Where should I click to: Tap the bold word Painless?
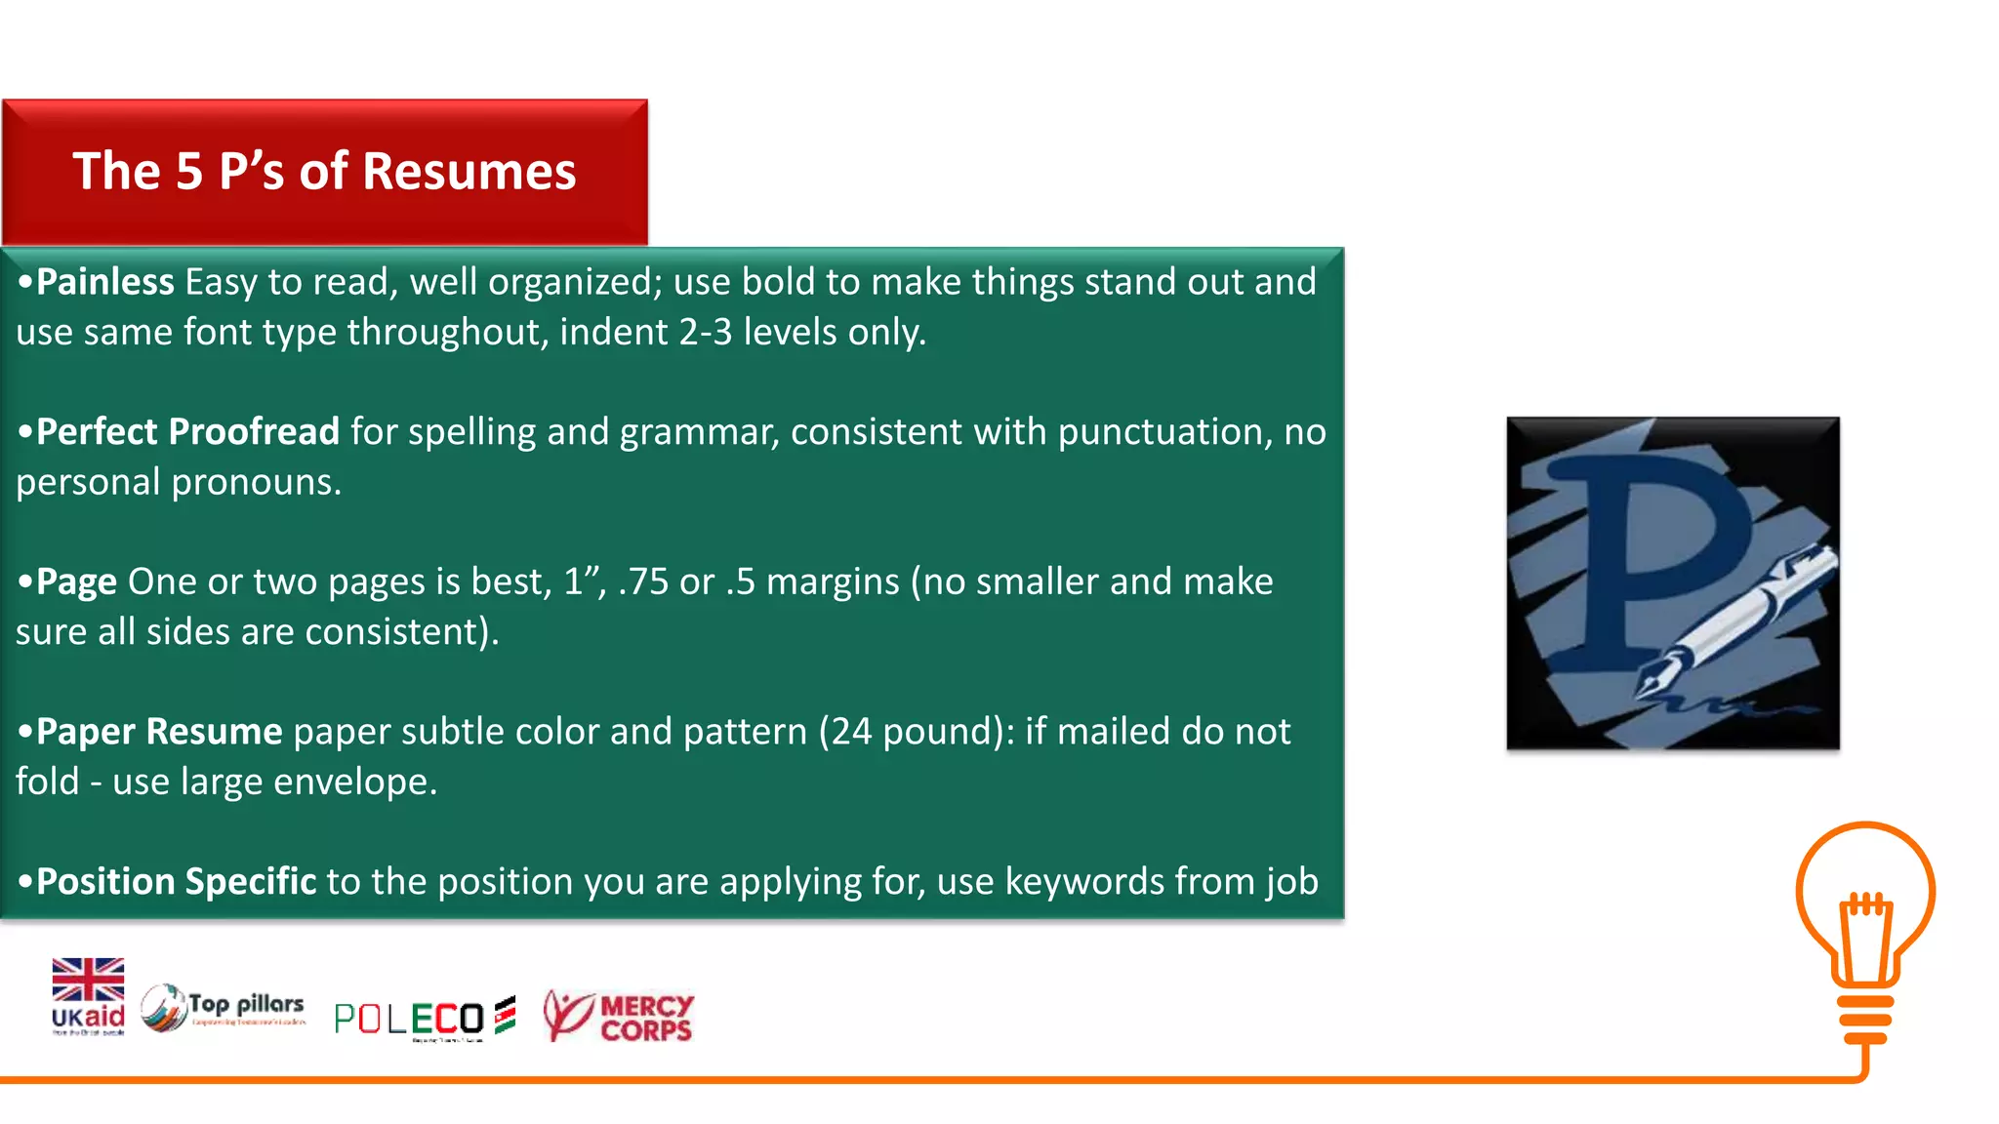tap(104, 282)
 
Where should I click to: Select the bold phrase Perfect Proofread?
tap(187, 432)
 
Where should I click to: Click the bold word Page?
tap(76, 582)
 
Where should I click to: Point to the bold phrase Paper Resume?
tap(159, 732)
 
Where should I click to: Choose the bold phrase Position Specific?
tap(176, 882)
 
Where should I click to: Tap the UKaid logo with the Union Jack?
tap(88, 996)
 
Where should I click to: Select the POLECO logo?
tap(424, 1018)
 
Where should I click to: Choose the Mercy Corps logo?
tap(618, 1016)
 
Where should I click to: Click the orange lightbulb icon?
tap(1865, 927)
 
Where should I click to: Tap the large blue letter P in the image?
tap(1650, 546)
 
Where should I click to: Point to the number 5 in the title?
tap(188, 172)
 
